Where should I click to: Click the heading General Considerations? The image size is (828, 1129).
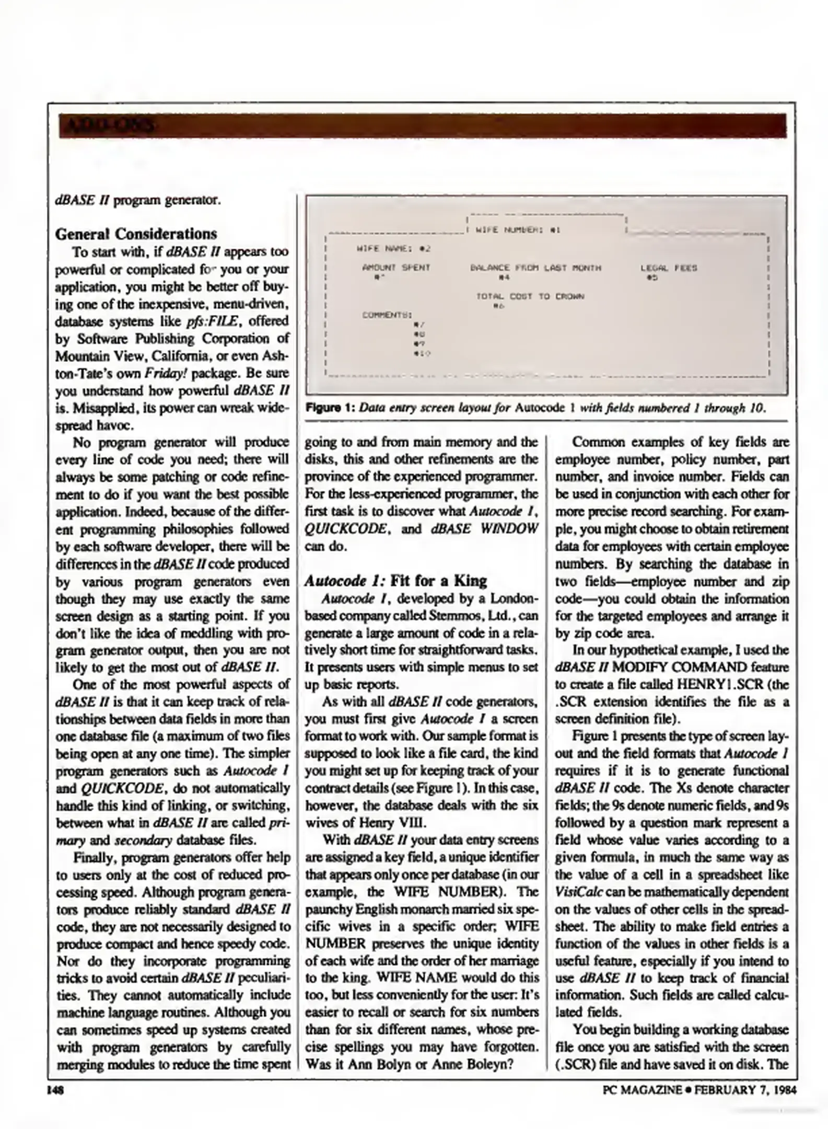[x=136, y=234]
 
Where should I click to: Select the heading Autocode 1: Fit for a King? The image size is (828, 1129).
[x=395, y=581]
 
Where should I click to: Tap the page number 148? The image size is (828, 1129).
[x=55, y=1090]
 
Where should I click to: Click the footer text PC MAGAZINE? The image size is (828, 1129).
[x=642, y=1090]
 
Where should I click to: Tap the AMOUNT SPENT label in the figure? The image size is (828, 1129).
[x=396, y=268]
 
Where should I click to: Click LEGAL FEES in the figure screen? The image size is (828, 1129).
[x=668, y=268]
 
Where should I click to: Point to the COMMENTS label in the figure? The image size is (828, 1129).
[x=387, y=315]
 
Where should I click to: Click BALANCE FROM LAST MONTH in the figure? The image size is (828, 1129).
[x=535, y=268]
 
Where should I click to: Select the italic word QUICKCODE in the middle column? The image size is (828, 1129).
[x=345, y=529]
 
